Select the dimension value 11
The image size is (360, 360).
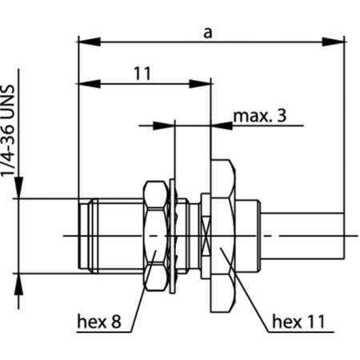(x=142, y=74)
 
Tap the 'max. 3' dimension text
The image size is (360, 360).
(x=258, y=117)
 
